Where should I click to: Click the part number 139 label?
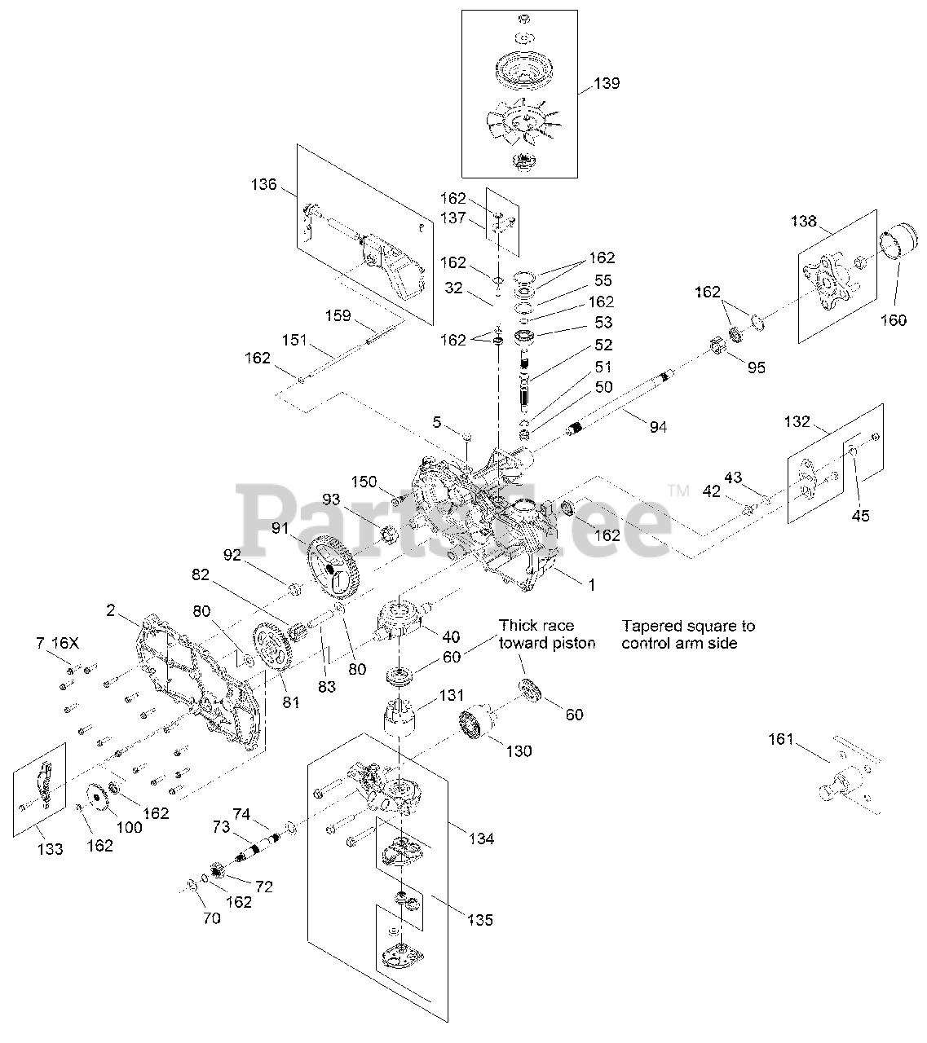point(606,83)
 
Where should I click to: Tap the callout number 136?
point(263,184)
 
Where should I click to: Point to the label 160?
point(894,319)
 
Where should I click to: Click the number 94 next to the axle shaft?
point(657,426)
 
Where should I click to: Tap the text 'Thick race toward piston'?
point(547,634)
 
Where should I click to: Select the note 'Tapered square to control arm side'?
point(688,634)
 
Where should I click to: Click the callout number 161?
point(781,739)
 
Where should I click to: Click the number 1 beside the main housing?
point(592,584)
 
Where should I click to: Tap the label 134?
point(481,838)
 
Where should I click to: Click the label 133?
point(50,849)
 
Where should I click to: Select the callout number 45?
point(860,515)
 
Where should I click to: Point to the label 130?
point(519,750)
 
